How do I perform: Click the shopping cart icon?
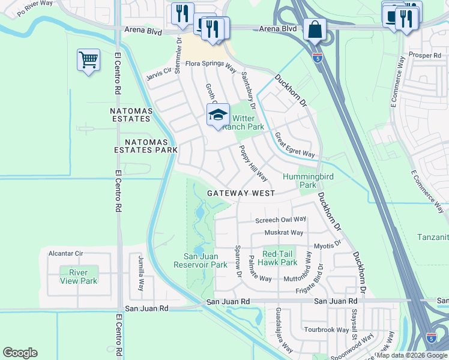[x=88, y=60]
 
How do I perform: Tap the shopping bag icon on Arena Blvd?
[x=315, y=29]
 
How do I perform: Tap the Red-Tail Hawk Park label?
[x=280, y=258]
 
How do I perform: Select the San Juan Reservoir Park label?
[x=200, y=260]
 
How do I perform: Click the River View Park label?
[x=79, y=277]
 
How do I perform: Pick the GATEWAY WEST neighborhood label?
[x=241, y=193]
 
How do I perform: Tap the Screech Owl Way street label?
[x=281, y=220]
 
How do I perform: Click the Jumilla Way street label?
[x=141, y=271]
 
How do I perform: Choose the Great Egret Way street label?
[x=295, y=145]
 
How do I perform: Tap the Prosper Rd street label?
[x=424, y=55]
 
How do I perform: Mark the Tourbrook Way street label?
[x=326, y=330]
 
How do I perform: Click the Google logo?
[x=20, y=352]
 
